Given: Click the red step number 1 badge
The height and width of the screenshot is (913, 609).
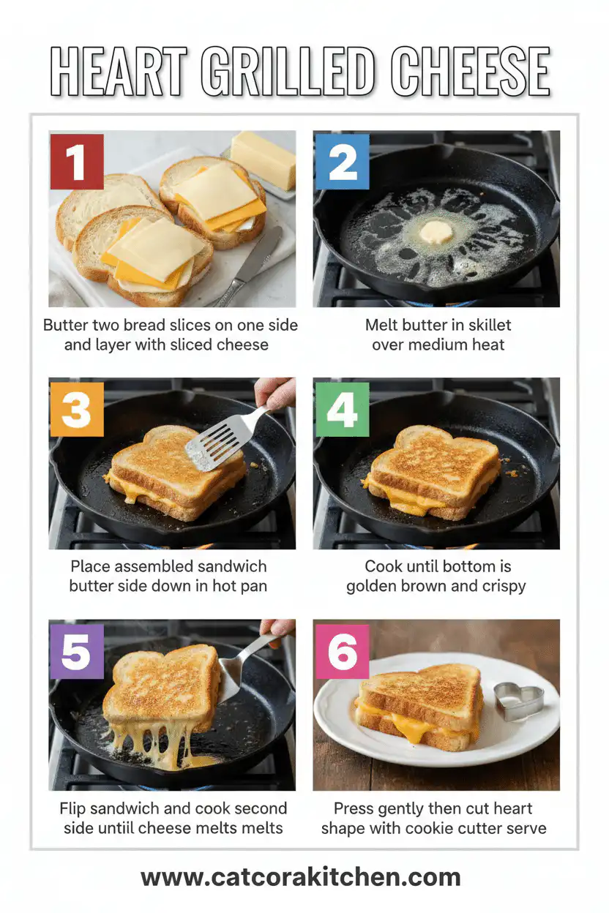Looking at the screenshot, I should point(76,161).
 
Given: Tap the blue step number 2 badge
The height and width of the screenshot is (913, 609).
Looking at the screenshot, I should point(341,161).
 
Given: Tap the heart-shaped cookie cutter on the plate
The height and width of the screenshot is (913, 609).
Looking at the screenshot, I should point(518,701).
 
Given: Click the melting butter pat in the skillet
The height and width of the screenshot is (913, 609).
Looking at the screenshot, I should point(436,233).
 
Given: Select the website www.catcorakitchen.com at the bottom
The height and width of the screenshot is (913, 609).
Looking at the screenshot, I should point(301,876).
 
